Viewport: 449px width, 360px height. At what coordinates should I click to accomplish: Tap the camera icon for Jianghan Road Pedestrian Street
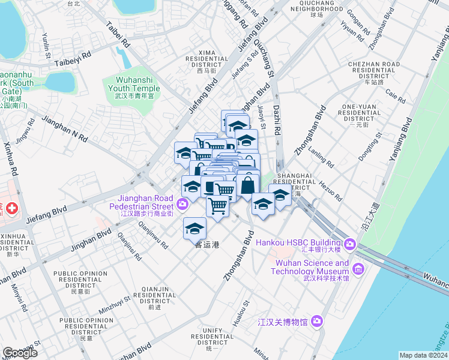coord(182,205)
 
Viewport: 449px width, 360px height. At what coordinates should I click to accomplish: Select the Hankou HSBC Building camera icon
coord(350,245)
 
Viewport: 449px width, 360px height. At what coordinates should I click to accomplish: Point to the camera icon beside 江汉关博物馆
coord(317,322)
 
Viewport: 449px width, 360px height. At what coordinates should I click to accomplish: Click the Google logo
coord(19,353)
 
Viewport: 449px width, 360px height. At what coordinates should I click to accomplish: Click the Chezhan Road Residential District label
coord(374,70)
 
